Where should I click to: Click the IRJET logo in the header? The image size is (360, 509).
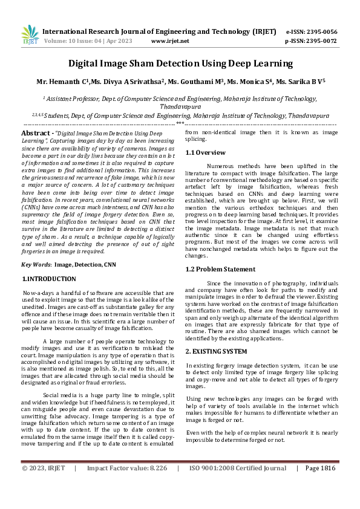pos(30,34)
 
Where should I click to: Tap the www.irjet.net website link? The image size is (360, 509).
pos(170,41)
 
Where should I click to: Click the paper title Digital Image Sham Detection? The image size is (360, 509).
pos(180,63)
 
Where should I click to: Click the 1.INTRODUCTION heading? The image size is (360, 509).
pos(49,279)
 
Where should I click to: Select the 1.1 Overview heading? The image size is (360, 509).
pos(205,152)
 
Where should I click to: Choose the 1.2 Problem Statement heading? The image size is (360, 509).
pos(220,269)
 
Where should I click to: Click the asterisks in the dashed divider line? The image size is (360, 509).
pos(180,123)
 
